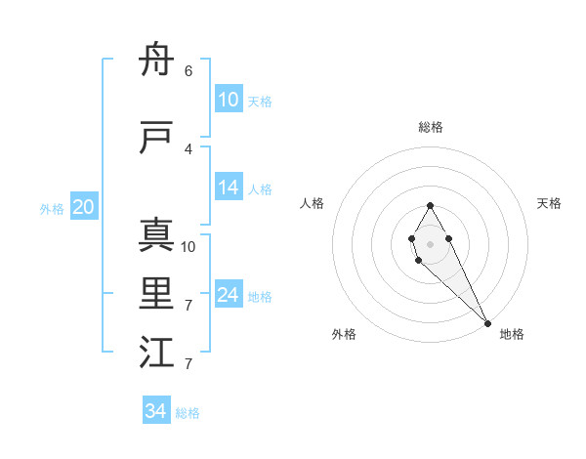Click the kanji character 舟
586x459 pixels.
pos(156,61)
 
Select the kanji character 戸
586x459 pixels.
pos(156,138)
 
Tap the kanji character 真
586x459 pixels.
pos(156,235)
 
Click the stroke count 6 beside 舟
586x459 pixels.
pos(188,71)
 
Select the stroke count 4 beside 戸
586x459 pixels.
pos(188,149)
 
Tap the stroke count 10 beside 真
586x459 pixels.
pos(188,247)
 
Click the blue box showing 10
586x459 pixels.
pos(229,100)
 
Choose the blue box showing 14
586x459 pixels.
pos(229,188)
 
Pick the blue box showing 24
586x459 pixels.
pos(229,295)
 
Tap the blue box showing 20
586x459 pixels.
pos(84,207)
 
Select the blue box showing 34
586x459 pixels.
pos(156,411)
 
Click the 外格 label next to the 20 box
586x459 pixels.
pos(52,208)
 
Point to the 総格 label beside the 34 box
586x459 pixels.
pos(188,413)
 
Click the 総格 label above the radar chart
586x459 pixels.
pos(431,127)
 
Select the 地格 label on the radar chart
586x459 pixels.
pos(512,334)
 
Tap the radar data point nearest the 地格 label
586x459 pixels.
pos(488,323)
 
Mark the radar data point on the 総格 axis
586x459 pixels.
pos(430,205)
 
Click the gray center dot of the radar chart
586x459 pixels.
pos(430,243)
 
